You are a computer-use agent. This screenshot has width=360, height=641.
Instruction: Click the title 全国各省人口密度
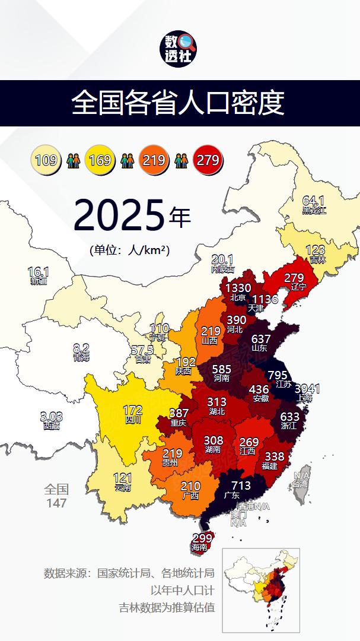coord(178,103)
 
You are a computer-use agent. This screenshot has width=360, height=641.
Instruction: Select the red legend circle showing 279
coord(208,160)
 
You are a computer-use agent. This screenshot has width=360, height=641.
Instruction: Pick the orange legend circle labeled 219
coord(153,160)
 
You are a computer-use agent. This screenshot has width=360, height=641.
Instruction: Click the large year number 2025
coord(119,216)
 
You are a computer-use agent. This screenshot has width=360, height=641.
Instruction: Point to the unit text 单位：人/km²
coord(130,250)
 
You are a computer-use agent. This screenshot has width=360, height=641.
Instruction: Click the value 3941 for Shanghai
coord(307,389)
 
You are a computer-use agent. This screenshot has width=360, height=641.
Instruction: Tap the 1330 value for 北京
coord(238,288)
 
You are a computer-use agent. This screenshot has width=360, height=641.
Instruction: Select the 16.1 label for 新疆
coord(38,272)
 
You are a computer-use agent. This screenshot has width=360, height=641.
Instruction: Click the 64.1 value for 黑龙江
coord(314,201)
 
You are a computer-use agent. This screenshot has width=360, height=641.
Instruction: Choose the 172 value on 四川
coord(132,410)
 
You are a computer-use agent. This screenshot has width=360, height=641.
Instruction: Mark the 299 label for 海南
coord(202,538)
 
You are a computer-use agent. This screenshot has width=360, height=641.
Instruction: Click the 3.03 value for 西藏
coord(51,417)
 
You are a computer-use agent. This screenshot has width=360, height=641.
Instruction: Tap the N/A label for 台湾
coord(302,475)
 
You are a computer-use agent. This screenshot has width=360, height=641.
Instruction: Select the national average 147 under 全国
coord(57,503)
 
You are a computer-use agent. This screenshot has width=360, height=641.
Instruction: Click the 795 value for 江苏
coord(278,375)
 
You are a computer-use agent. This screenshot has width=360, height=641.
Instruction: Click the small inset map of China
coord(261,590)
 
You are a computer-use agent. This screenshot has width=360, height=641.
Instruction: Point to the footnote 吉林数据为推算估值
coord(167,608)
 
